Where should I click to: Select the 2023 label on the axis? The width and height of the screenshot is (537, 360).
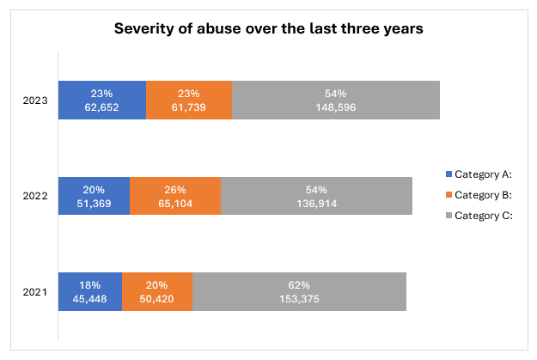(x=36, y=101)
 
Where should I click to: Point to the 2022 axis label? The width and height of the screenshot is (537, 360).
(x=36, y=197)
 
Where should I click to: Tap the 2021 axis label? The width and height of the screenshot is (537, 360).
(x=36, y=292)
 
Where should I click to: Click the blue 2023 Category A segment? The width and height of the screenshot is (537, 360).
(x=101, y=101)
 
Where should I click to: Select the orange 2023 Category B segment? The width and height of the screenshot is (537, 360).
(x=189, y=101)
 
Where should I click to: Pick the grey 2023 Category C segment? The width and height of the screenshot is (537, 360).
(x=336, y=101)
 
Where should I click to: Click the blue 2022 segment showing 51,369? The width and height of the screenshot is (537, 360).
(x=94, y=197)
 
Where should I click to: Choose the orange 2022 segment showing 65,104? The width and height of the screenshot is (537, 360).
(x=175, y=197)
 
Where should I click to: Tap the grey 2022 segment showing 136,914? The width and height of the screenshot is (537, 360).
(x=317, y=197)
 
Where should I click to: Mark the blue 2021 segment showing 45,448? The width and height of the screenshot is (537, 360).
(x=90, y=292)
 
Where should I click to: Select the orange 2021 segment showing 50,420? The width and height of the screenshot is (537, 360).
(x=157, y=292)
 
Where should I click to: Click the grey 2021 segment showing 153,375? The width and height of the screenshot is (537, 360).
(x=299, y=292)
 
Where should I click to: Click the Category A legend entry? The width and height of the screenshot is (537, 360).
(x=481, y=174)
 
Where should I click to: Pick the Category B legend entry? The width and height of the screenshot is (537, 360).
(x=481, y=194)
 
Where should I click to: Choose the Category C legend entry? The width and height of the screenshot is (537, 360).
(x=481, y=215)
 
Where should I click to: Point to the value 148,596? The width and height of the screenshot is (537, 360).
(x=336, y=108)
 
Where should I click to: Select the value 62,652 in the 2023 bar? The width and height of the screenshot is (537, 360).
(x=101, y=108)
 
